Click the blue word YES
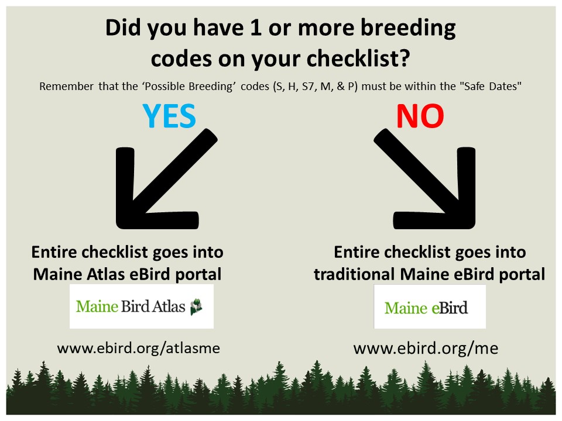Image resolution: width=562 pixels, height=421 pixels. (x=169, y=116)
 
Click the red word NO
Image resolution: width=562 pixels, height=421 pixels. (x=420, y=116)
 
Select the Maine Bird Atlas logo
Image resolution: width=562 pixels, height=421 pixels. (x=142, y=306)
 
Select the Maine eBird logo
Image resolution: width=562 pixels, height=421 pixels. (x=430, y=307)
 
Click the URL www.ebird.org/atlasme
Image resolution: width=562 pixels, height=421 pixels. (x=138, y=348)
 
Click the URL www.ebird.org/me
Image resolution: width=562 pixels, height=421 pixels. (x=426, y=348)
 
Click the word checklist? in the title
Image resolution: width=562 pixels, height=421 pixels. (x=358, y=58)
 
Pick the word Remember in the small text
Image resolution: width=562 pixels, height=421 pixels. (x=66, y=87)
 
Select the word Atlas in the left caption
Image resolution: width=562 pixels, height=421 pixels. (x=107, y=274)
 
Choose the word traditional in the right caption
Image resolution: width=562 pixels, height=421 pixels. (x=354, y=274)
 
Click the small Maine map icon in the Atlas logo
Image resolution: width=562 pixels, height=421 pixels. (x=196, y=306)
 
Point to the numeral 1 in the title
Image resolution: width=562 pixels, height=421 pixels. (x=256, y=28)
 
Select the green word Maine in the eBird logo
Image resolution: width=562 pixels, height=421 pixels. (x=406, y=308)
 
